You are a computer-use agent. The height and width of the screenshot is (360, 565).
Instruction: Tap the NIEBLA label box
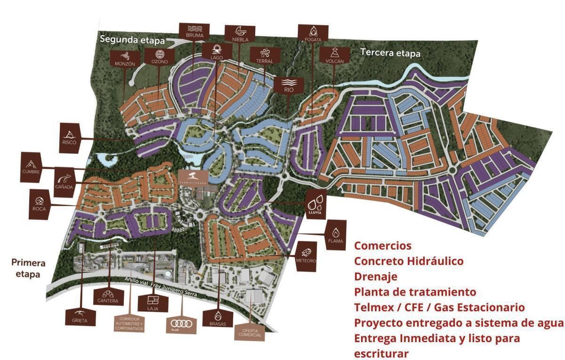240,34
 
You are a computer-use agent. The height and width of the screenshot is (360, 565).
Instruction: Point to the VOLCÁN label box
334,55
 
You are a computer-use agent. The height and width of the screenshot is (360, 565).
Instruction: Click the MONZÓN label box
124,58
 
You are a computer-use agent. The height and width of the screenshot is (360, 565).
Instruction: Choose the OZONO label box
159,56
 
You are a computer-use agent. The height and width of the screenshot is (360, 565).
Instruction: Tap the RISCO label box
69,136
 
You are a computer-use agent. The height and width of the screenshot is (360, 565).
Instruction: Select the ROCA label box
40,204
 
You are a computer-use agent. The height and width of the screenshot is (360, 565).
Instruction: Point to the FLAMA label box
335,234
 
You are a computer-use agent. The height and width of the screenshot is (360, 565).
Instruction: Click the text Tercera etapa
390,53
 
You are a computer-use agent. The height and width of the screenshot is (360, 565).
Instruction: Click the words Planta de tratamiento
415,292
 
